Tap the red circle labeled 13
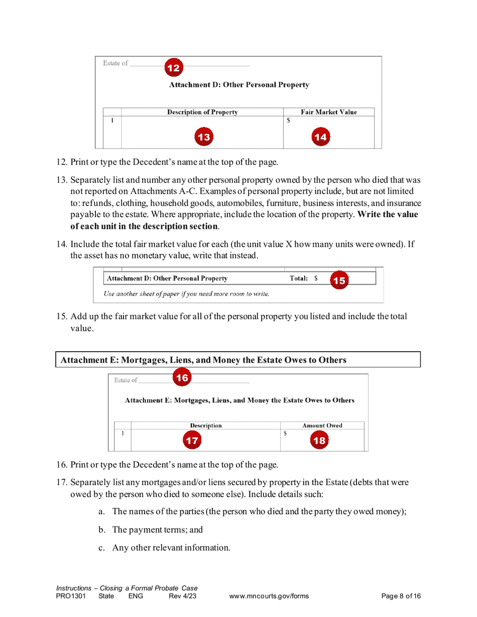tap(203, 137)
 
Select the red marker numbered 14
tap(320, 137)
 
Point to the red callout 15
tap(339, 280)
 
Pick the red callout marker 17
tap(191, 441)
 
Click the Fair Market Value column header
tap(328, 112)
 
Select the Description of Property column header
tap(202, 112)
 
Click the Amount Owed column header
tap(322, 425)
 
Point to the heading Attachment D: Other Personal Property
tap(239, 85)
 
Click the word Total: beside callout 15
tap(298, 278)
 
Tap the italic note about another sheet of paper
tap(186, 293)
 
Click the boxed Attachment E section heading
tap(203, 360)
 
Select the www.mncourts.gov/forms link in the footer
tap(269, 596)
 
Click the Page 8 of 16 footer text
tap(401, 596)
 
